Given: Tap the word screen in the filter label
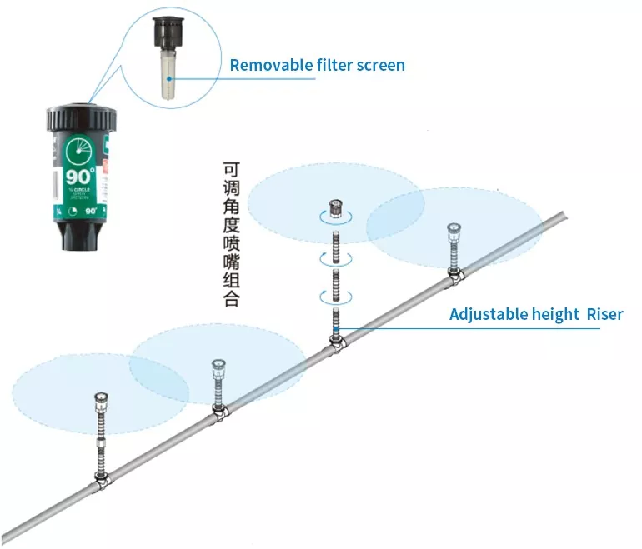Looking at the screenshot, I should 379,64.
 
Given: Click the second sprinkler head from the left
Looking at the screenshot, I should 219,367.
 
